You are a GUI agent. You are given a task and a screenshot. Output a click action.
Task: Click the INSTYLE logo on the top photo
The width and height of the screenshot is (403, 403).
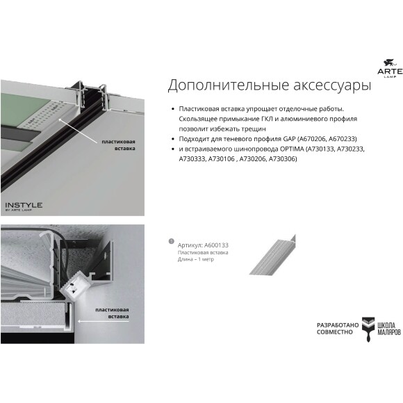click(24, 206)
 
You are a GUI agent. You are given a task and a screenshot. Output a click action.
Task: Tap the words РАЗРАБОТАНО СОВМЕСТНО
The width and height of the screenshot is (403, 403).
click(338, 329)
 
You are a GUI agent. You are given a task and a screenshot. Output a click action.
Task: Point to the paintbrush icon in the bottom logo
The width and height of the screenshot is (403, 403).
click(369, 330)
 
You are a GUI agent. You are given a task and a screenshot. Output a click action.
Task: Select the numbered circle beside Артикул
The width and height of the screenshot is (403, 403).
click(171, 241)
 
